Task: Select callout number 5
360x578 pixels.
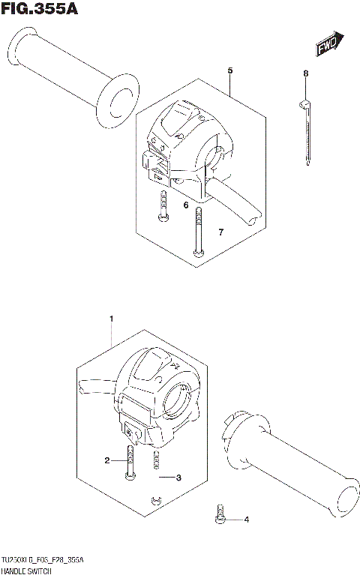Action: tap(230, 70)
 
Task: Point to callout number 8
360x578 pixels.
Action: tap(305, 73)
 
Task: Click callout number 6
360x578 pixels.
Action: tap(185, 205)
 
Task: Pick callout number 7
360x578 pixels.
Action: tap(220, 232)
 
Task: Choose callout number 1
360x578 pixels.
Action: tap(112, 320)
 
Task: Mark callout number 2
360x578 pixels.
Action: tap(107, 460)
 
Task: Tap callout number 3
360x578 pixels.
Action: tap(179, 477)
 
